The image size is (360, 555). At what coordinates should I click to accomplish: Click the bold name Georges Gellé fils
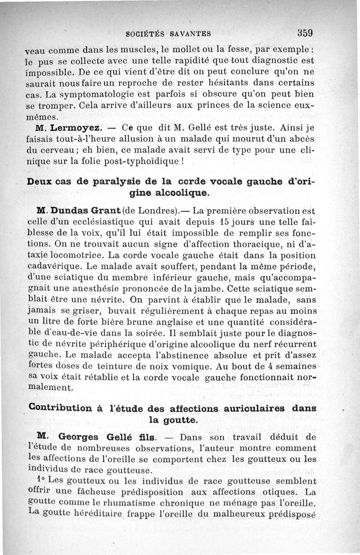(x=108, y=437)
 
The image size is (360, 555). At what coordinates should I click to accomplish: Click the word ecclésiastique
(x=98, y=222)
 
